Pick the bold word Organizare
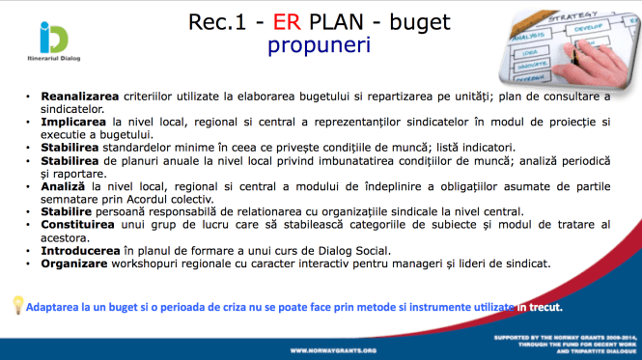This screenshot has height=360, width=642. click(x=73, y=263)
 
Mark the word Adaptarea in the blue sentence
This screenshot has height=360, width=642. click(x=57, y=306)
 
